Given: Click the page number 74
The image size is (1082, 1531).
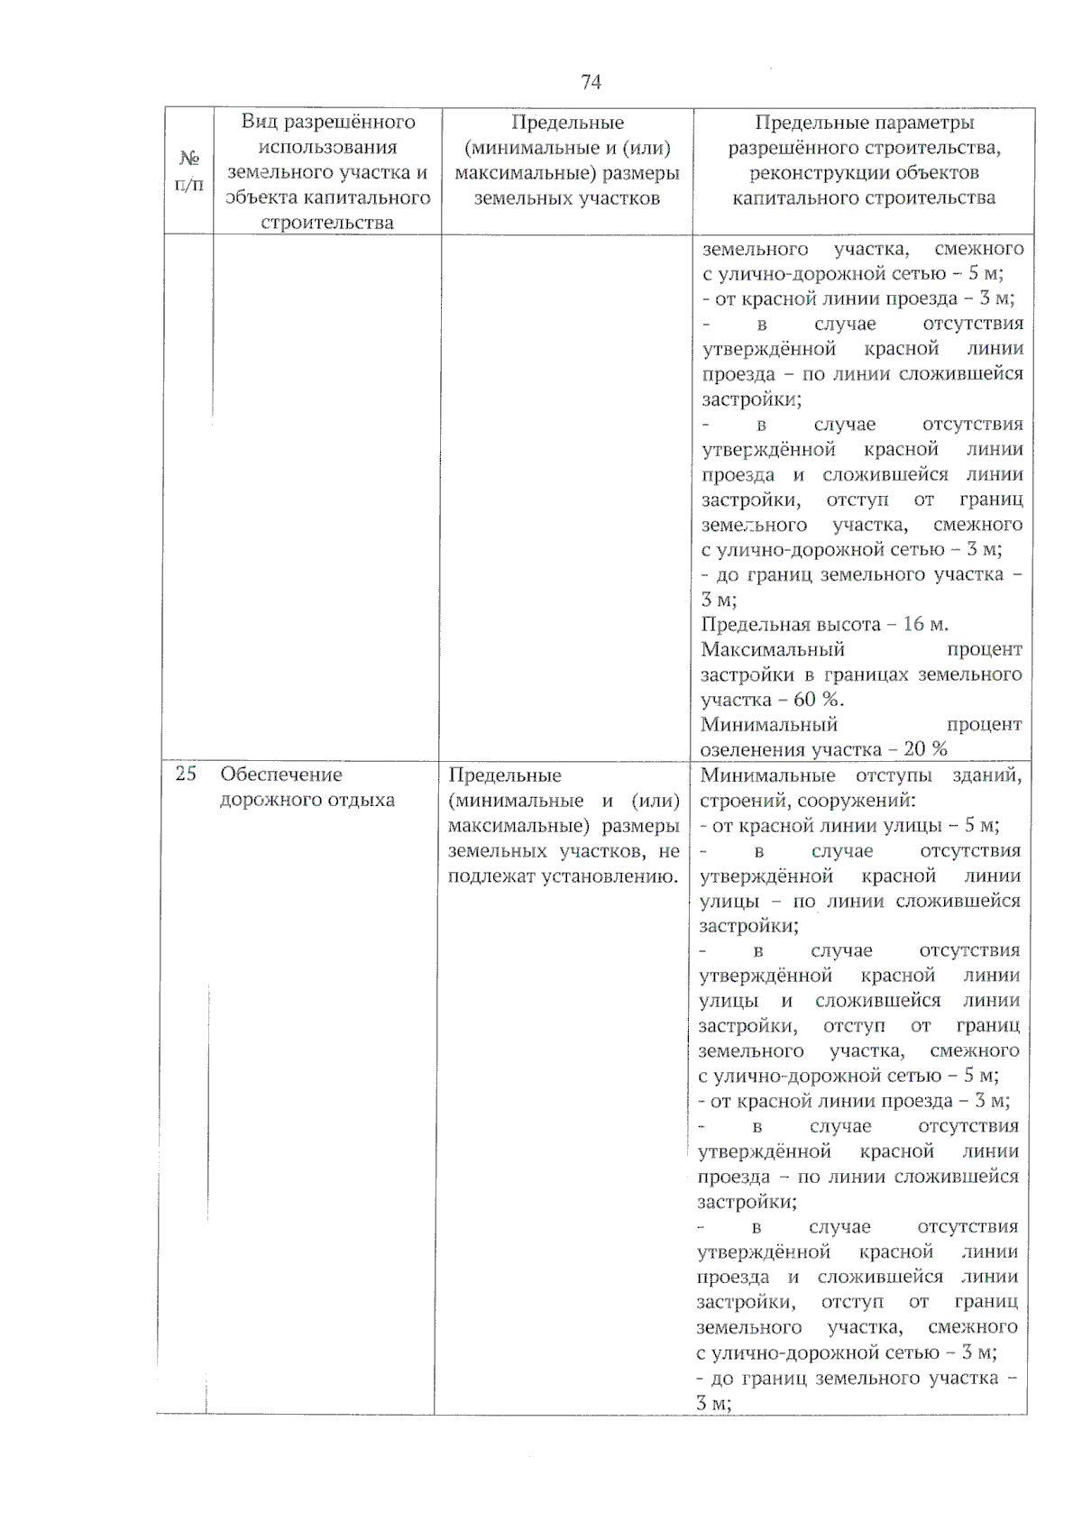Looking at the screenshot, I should coord(591,82).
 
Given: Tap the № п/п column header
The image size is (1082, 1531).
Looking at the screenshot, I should coord(188,170).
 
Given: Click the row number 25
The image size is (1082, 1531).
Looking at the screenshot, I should coord(186,774).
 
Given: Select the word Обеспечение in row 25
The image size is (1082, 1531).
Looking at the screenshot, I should coord(281,775).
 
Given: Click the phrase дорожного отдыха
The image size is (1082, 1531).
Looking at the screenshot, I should coord(307,800).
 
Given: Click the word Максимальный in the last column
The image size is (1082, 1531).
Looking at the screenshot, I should coord(772,649).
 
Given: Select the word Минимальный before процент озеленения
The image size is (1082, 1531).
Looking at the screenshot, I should coord(768,724).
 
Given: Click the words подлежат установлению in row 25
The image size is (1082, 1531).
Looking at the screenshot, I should coord(564,876).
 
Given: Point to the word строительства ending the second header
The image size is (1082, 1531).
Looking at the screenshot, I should coord(326,223).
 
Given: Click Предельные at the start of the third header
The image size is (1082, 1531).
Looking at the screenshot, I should coord(567,123).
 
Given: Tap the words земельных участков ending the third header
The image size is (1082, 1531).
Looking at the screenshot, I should coord(566,198).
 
